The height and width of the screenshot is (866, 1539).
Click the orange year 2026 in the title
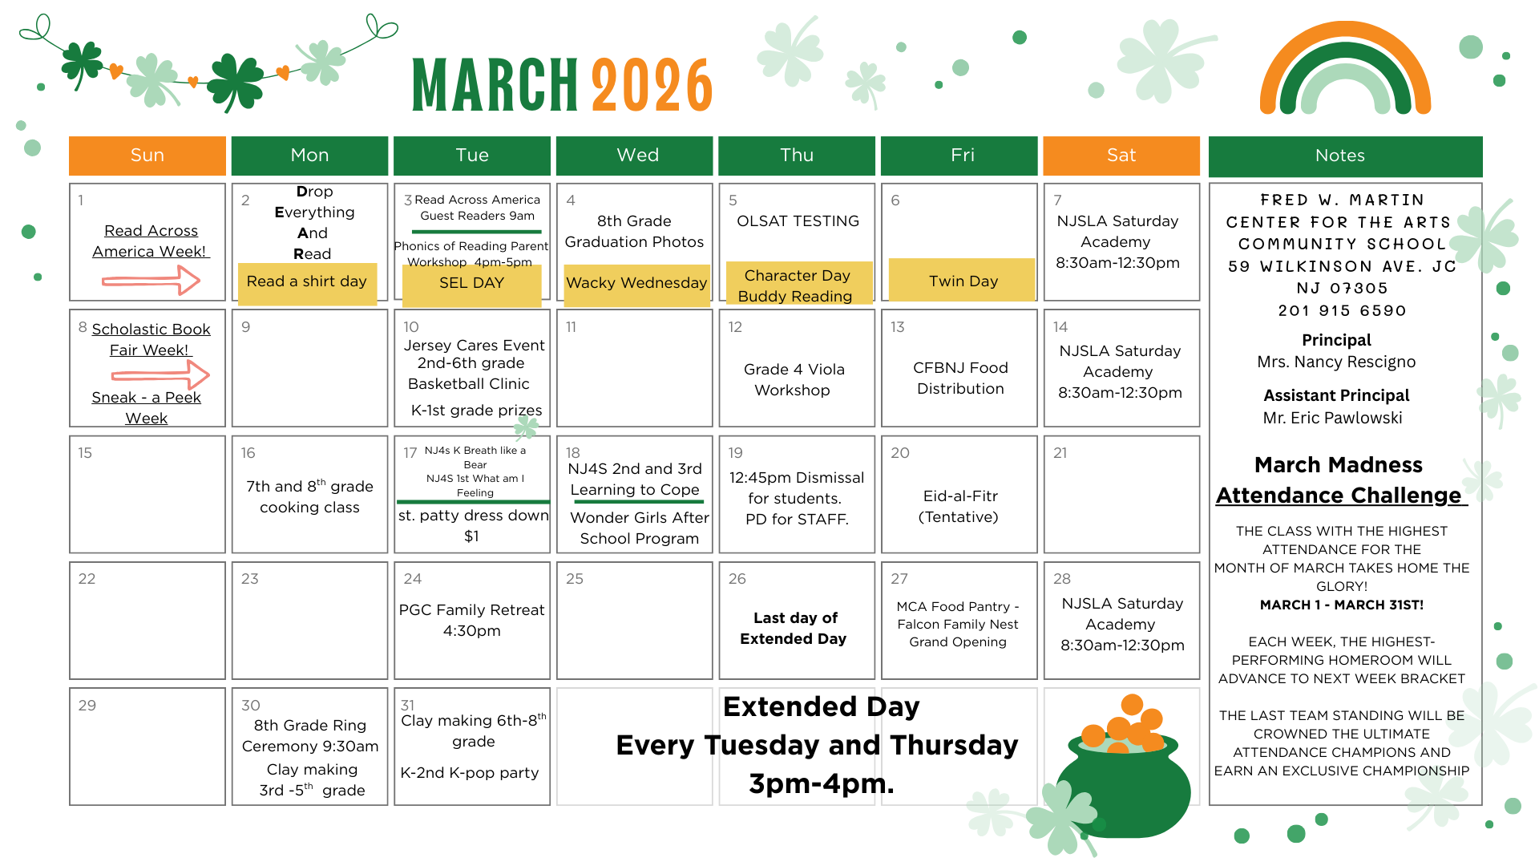click(652, 85)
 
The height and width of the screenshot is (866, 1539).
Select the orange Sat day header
click(1121, 156)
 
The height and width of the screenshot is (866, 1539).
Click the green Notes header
click(1345, 156)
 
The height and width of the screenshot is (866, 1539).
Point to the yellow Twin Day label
click(962, 280)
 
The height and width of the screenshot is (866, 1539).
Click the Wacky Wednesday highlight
click(636, 285)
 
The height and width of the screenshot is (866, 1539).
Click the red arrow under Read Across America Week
click(151, 281)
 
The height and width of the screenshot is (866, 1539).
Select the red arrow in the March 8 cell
click(160, 374)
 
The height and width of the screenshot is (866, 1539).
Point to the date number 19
click(736, 453)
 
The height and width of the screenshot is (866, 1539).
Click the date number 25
click(575, 579)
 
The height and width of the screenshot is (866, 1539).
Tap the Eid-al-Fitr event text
click(960, 506)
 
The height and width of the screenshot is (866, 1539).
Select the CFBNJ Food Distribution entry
click(960, 378)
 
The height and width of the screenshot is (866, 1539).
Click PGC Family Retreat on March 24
click(471, 620)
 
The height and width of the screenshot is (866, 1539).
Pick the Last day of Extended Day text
click(794, 628)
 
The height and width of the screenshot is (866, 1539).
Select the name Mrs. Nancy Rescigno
click(1336, 362)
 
